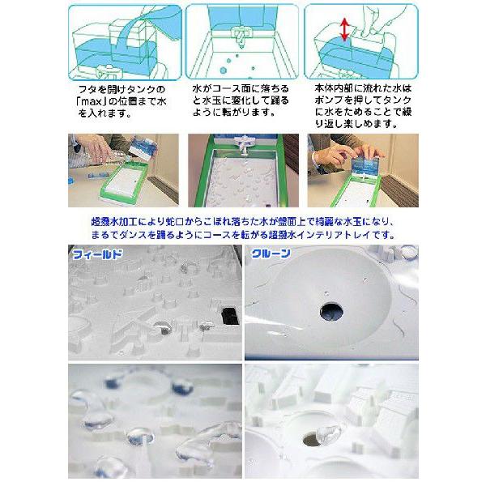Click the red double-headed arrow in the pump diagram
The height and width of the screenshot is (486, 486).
tap(344, 30)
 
